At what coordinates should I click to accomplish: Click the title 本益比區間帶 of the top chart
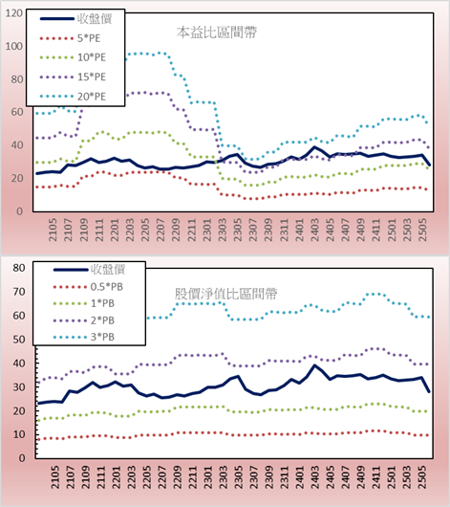click(217, 33)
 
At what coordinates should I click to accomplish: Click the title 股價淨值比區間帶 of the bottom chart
click(225, 294)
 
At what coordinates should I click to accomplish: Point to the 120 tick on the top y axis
click(14, 13)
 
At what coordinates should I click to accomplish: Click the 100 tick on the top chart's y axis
click(14, 46)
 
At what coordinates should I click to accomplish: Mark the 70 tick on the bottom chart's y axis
click(19, 292)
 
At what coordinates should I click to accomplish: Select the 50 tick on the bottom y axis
click(19, 340)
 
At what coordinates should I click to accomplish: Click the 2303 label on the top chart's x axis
click(223, 230)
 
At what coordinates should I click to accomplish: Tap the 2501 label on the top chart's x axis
click(392, 230)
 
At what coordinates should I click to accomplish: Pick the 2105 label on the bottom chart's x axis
click(55, 477)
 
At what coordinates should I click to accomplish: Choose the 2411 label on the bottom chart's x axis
click(376, 477)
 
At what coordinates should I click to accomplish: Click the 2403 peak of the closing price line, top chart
click(314, 147)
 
